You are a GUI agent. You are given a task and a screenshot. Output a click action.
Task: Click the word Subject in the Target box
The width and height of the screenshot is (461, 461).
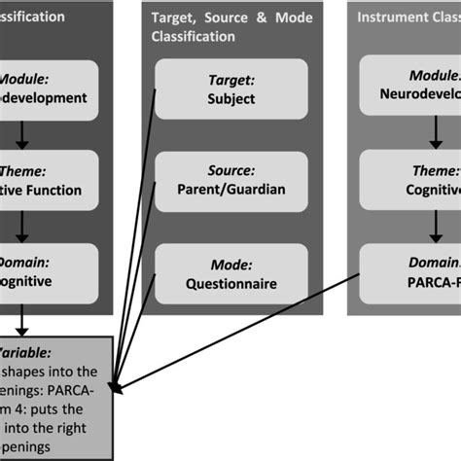(x=230, y=98)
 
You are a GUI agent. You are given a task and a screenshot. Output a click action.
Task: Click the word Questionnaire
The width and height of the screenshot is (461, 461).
(x=230, y=284)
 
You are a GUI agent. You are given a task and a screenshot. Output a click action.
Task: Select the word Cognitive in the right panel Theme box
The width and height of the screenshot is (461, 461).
(x=433, y=191)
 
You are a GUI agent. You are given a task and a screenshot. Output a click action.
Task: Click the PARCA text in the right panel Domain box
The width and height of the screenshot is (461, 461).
(x=434, y=283)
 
